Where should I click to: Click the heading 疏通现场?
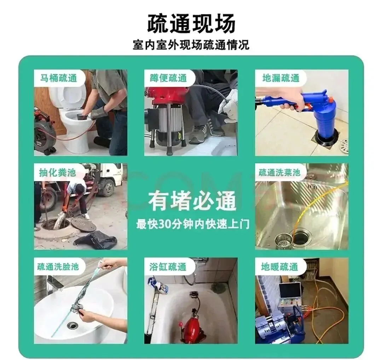click(x=191, y=23)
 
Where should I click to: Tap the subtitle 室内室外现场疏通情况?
click(x=191, y=45)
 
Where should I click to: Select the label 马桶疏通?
click(x=58, y=78)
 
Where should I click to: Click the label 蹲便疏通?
click(x=168, y=78)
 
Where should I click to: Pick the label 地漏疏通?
click(x=281, y=78)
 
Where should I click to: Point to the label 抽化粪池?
click(x=58, y=172)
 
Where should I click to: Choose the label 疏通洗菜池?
click(x=279, y=172)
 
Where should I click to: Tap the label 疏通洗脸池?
click(x=58, y=267)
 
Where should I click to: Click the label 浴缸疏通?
click(x=168, y=267)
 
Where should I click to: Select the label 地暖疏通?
click(x=279, y=267)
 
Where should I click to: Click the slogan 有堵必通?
click(x=192, y=201)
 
